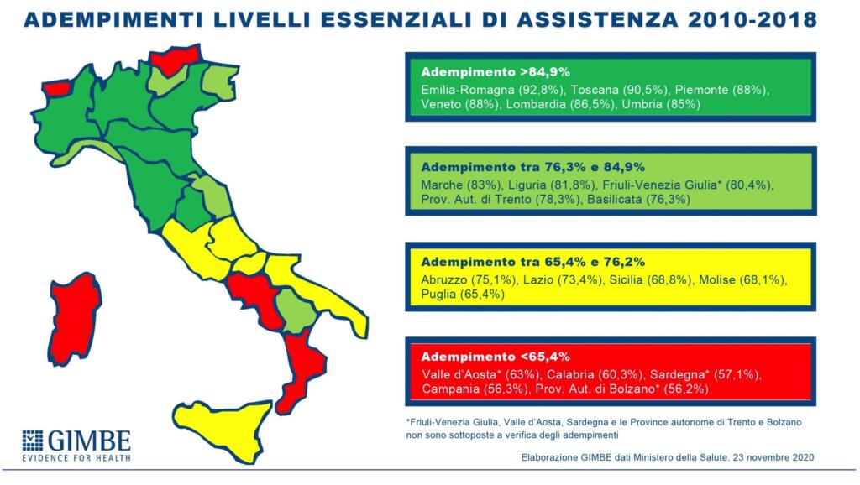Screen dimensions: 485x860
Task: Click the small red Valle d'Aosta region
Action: [56, 86]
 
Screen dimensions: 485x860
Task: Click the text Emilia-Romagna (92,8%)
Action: [481, 89]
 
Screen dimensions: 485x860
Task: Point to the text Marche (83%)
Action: [459, 184]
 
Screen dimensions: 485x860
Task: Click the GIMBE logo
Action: [76, 445]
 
